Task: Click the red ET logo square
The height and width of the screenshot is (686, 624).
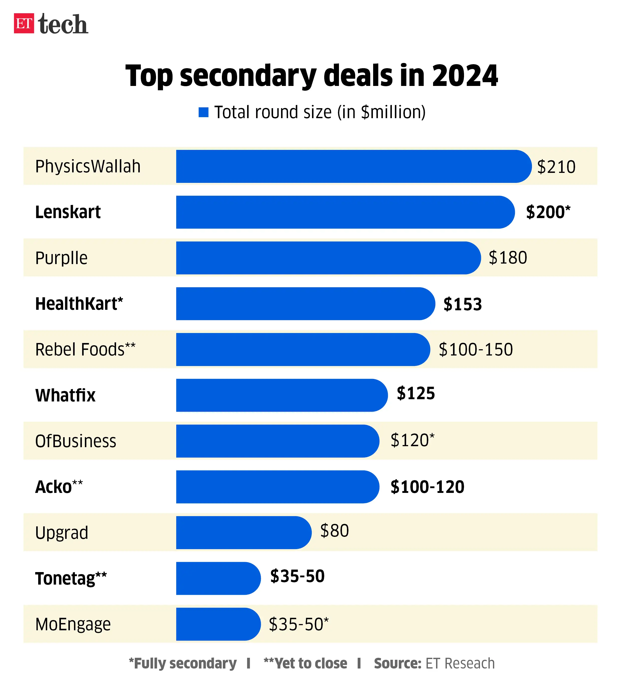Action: click(x=24, y=23)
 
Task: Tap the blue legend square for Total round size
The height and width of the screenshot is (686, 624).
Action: click(x=203, y=112)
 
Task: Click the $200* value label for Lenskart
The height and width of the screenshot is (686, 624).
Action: click(x=548, y=212)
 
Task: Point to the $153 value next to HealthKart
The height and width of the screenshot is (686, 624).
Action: click(x=463, y=304)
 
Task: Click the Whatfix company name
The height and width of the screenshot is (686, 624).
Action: click(x=65, y=395)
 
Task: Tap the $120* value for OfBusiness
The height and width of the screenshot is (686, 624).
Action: click(x=412, y=440)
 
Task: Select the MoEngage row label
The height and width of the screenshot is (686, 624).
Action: click(x=73, y=624)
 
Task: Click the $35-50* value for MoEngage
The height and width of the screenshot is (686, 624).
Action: click(x=299, y=624)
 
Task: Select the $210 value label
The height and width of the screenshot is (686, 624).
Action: click(x=556, y=167)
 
